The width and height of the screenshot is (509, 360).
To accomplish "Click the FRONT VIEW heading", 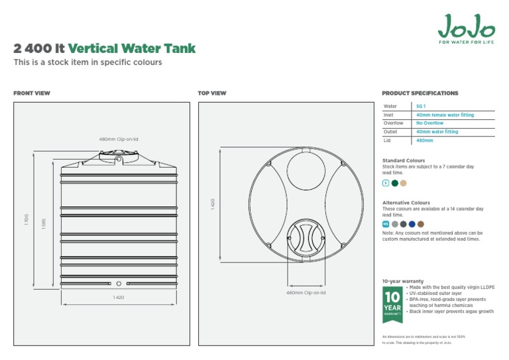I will coord(32,93).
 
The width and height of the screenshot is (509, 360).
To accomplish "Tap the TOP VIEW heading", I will coord(212,93).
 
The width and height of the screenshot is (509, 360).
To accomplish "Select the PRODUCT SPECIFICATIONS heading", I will coord(420,93).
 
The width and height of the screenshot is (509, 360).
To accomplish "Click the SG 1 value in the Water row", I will coord(420,106).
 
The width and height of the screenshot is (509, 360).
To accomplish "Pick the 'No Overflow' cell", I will coord(429,123).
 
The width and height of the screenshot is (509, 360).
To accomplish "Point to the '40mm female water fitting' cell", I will coord(445,115).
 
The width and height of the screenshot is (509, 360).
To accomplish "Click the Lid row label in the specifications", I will coord(388,141).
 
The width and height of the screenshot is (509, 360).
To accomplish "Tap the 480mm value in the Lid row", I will coord(424,141).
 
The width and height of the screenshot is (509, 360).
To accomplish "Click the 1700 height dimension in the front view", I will coord(27,218).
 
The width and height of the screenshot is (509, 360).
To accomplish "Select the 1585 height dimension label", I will coord(44,224).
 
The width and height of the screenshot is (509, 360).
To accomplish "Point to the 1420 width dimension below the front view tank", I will coord(118,298).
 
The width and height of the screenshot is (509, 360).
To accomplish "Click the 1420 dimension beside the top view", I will coord(213,204).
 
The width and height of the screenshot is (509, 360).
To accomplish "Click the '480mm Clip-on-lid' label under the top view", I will coord(306,292).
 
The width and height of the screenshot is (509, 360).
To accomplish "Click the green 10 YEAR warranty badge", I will coord(392,304).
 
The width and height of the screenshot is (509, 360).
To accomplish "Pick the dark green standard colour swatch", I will coord(395,183).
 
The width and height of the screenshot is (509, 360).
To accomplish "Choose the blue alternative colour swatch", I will coord(412,224).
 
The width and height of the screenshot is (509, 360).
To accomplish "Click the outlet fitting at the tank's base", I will coord(119,283).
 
